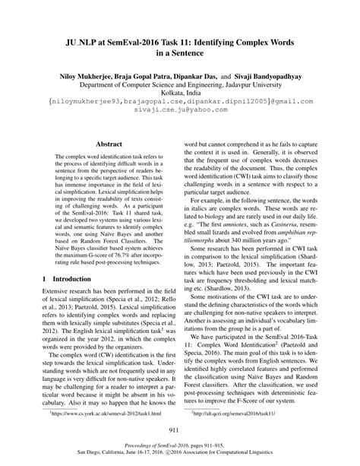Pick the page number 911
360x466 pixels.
180,430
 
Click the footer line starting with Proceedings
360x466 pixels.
180,449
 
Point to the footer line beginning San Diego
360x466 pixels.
180,457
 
